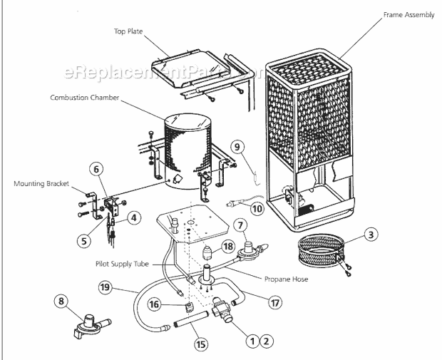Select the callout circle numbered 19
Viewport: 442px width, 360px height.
(106, 287)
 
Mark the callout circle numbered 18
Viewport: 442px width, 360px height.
(227, 246)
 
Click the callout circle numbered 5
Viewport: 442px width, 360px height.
(83, 240)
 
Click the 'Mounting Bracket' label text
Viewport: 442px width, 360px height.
(41, 184)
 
